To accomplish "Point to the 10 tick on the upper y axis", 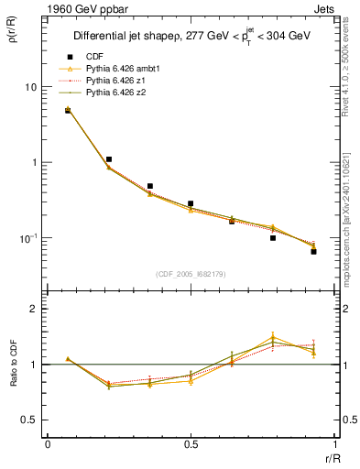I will [30, 87].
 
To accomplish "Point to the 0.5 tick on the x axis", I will [190, 446].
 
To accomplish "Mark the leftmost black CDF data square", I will [68, 110].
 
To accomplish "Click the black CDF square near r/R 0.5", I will [191, 203].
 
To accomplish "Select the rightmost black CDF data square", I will [313, 250].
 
